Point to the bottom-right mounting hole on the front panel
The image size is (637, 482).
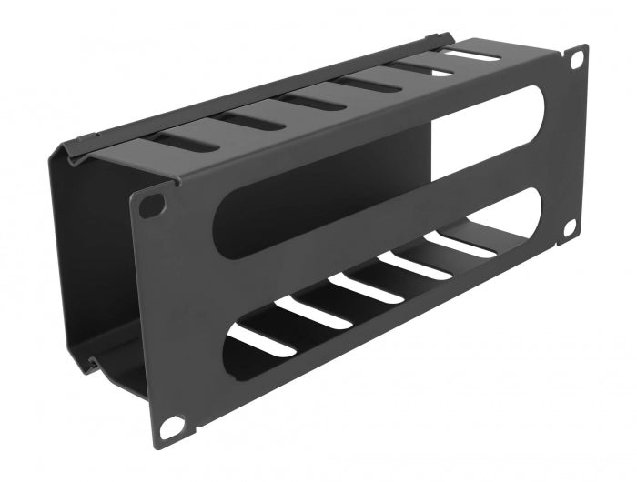click(x=569, y=227)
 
